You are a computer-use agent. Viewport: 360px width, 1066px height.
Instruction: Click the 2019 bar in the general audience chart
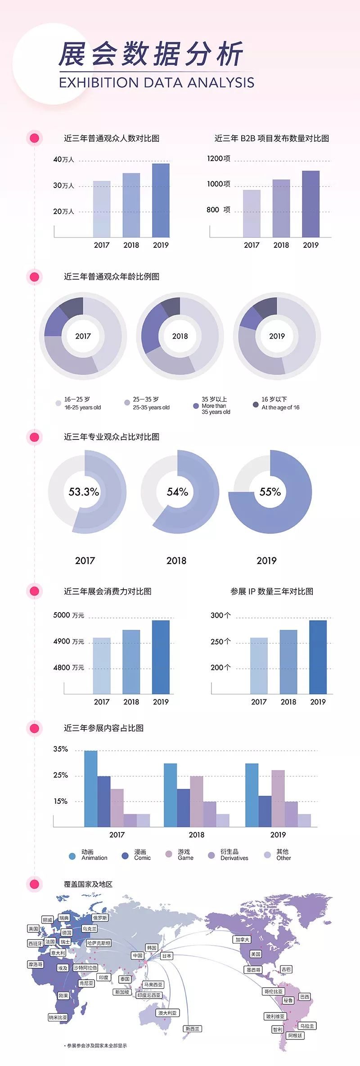[161, 200]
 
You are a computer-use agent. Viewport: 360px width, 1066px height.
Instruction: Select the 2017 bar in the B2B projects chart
[252, 213]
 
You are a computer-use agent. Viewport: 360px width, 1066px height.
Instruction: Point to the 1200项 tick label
[219, 158]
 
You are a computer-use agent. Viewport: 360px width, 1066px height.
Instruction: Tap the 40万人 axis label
[63, 159]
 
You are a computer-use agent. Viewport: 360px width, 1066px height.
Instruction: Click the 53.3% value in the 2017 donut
[84, 492]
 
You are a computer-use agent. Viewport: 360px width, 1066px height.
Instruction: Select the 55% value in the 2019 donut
[270, 492]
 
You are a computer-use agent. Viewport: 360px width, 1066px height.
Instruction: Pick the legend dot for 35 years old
[196, 406]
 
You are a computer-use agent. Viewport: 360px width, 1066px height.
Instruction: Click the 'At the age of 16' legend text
[280, 408]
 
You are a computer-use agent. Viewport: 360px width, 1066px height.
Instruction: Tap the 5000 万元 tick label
[69, 615]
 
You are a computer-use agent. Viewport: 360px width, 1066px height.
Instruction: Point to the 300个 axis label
[220, 615]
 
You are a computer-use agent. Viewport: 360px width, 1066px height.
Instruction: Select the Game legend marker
[169, 854]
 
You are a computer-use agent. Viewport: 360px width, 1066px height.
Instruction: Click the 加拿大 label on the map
[242, 940]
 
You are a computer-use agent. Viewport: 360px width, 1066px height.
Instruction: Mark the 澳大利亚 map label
[167, 1013]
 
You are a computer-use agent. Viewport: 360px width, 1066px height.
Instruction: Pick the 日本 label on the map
[166, 956]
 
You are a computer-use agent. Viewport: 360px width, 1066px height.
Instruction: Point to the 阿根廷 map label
[295, 1035]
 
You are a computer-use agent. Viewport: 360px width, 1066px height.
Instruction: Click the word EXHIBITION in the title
[99, 83]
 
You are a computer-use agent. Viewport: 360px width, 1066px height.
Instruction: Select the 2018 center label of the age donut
[180, 336]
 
